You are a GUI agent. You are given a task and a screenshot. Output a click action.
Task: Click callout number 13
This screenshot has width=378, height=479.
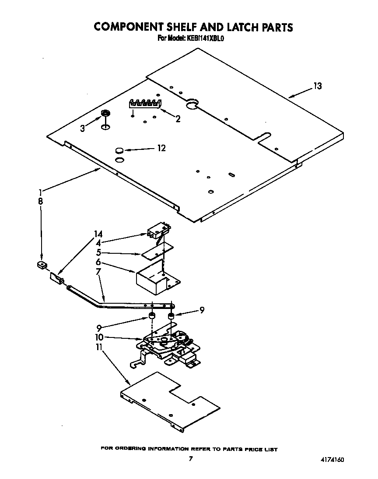tap(317, 86)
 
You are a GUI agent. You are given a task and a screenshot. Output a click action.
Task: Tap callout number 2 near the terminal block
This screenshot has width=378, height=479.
tap(178, 118)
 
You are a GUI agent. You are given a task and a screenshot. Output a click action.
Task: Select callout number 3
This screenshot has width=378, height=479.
tap(83, 128)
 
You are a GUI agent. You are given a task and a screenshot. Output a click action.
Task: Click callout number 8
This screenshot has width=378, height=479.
tap(40, 202)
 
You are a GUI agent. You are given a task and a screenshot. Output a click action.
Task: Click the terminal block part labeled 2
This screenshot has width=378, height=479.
tap(144, 103)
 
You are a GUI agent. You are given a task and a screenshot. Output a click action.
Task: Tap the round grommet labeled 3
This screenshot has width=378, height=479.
tap(105, 114)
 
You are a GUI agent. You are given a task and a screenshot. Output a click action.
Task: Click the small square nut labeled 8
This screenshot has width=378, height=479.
tap(42, 265)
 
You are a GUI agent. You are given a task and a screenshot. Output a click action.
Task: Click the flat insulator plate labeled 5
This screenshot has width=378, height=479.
tap(157, 250)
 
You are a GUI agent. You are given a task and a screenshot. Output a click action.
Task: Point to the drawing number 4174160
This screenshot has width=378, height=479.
tap(332, 460)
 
